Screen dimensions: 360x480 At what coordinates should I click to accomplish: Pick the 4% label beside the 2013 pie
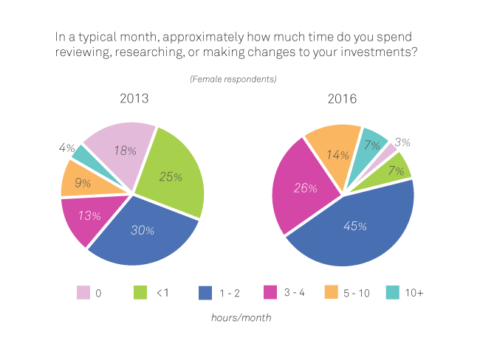coord(66,148)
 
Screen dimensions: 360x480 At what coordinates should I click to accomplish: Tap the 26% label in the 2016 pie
coord(306,188)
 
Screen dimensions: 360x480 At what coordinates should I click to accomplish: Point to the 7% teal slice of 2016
coord(372,145)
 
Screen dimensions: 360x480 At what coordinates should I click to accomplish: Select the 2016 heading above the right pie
coord(343,98)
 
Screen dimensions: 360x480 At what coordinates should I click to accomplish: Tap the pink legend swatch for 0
coord(83,293)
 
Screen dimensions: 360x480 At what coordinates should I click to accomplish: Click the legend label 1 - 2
coord(229,293)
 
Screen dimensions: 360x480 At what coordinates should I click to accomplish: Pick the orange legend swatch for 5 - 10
coord(331,293)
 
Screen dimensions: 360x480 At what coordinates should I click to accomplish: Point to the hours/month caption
coord(241,317)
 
